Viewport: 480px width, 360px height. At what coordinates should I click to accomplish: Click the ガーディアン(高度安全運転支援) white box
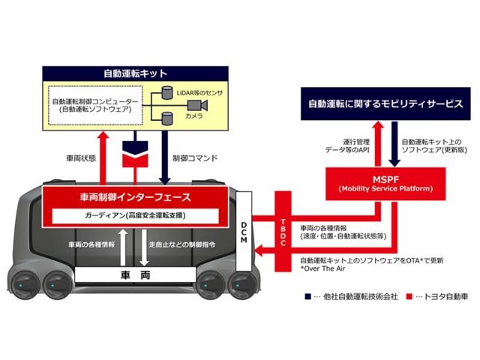coord(134,216)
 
